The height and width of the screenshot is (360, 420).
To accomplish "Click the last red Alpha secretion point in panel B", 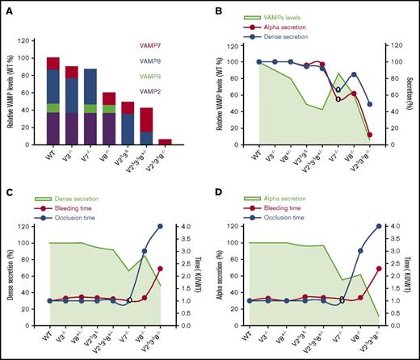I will (x=369, y=135).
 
